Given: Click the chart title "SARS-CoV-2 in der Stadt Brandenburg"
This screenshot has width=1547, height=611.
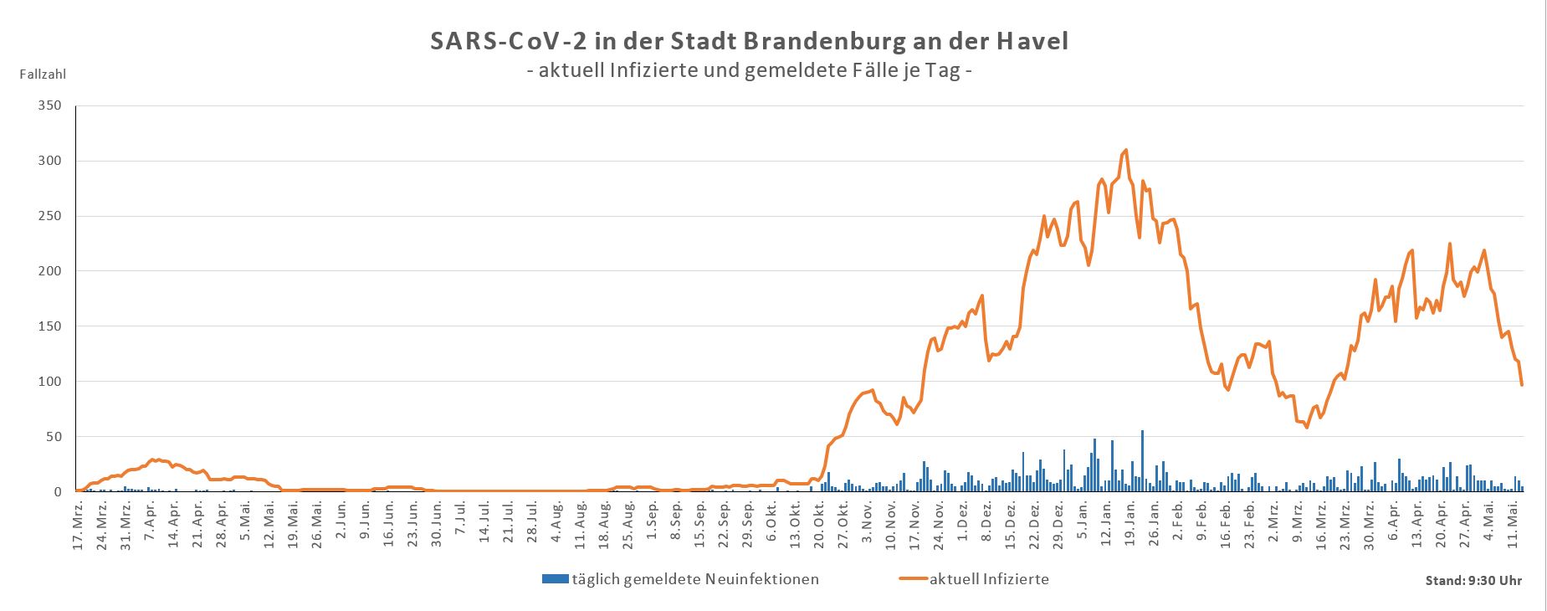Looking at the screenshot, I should tap(749, 41).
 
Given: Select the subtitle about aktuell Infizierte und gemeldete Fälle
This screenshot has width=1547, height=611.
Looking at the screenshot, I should tap(749, 71).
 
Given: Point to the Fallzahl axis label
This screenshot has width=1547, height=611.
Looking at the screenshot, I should tap(43, 74).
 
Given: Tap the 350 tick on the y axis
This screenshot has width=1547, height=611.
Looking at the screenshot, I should tap(50, 106).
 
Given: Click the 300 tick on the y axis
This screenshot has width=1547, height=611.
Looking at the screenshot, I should tap(50, 161).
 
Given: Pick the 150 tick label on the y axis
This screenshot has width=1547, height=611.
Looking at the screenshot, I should tap(50, 326).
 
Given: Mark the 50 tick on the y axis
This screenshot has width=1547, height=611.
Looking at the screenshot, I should tap(54, 437).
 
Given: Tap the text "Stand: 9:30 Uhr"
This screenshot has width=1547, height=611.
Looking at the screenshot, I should tap(1473, 581).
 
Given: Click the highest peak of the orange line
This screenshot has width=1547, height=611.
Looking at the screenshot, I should tap(1126, 151).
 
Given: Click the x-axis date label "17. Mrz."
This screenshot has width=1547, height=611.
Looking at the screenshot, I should tap(78, 525).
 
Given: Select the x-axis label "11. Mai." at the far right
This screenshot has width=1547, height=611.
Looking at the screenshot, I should tap(1513, 525).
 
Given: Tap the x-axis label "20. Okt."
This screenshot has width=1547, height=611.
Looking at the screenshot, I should tap(820, 525).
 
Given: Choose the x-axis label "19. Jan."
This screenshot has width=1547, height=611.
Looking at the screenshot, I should tap(1130, 525).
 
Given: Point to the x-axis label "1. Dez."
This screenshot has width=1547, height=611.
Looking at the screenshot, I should tap(963, 525).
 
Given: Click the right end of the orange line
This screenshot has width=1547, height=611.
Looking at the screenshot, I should tap(1522, 384).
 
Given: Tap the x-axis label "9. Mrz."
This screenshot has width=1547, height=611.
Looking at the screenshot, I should tap(1297, 525).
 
